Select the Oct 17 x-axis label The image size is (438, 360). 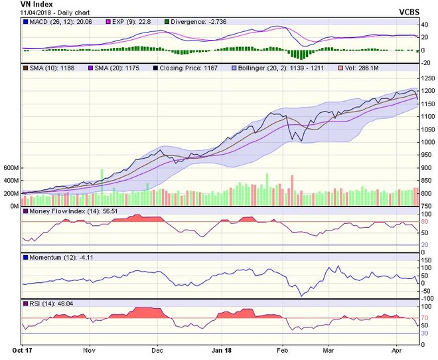pos(24,348)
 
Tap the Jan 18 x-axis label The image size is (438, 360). pos(221,348)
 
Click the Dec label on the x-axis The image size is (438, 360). pos(157,348)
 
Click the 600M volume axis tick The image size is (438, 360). pos(11,168)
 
